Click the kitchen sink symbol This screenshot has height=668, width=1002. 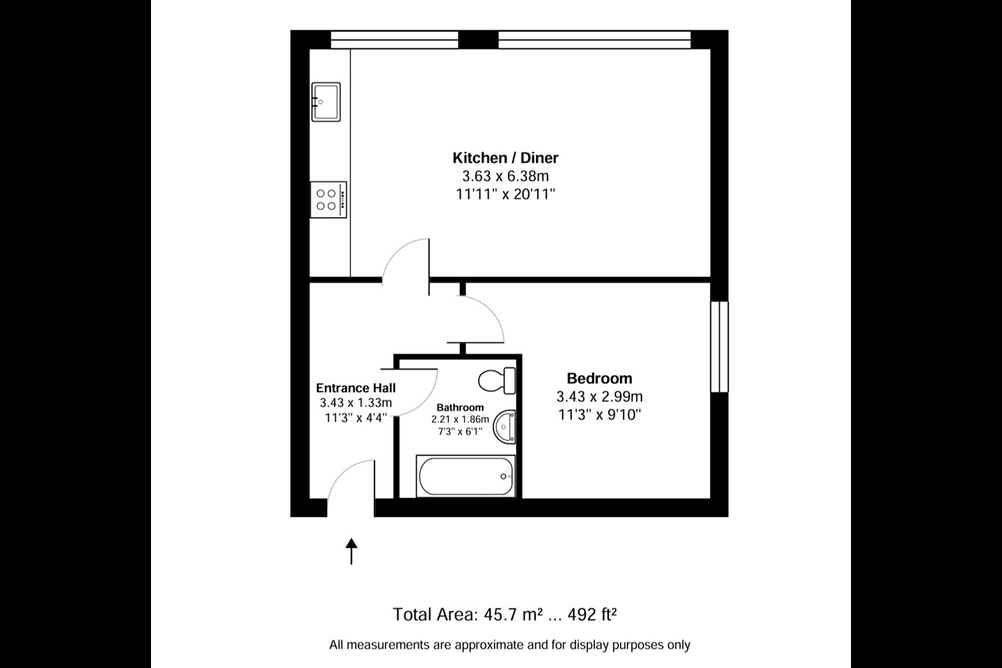326,102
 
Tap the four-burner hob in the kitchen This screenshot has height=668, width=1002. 328,200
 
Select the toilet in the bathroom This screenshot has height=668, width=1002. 497,381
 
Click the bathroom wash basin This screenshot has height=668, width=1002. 504,427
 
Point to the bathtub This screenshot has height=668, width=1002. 466,476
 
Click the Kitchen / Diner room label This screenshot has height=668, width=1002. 505,158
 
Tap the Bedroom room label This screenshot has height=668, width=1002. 599,379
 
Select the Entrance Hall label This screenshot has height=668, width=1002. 356,388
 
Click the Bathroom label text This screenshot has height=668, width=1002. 461,408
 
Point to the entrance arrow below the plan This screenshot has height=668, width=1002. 351,551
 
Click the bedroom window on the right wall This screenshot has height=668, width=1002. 719,347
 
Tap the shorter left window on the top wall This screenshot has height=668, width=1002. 395,40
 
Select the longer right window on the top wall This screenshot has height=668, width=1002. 594,40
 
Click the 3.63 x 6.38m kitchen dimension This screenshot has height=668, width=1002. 505,176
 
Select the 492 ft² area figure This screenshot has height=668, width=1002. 592,614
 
